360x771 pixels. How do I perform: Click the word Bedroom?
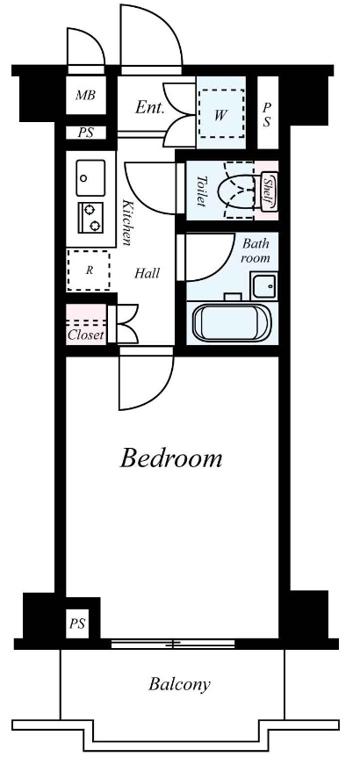[x=171, y=458]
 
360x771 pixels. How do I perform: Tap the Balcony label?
[x=179, y=684]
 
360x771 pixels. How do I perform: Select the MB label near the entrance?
[x=85, y=95]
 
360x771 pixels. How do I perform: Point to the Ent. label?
[x=149, y=108]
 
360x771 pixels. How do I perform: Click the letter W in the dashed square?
[x=220, y=115]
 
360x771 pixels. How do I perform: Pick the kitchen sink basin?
[x=90, y=177]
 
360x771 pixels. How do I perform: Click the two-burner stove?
[x=90, y=218]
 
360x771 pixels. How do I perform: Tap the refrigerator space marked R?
[x=89, y=270]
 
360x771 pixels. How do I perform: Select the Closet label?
[x=86, y=335]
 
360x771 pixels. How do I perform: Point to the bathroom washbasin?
[x=264, y=285]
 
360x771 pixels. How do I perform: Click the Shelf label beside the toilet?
[x=269, y=191]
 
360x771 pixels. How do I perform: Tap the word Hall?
[x=147, y=273]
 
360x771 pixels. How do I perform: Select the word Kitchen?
[x=127, y=223]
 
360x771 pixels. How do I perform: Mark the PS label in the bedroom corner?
[x=76, y=624]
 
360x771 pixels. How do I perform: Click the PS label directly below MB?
[x=85, y=133]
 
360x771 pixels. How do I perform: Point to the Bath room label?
[x=256, y=250]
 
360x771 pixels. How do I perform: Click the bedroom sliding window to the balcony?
[x=173, y=643]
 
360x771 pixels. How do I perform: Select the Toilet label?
[x=202, y=191]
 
